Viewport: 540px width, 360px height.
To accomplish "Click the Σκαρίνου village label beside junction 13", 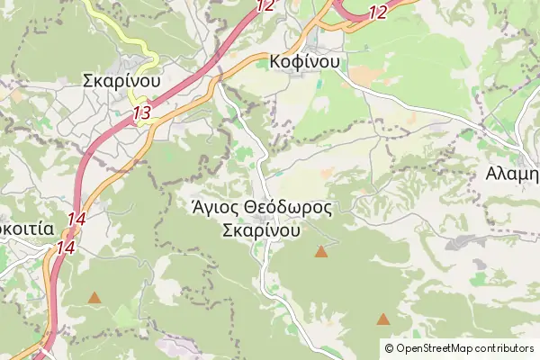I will (x=121, y=80).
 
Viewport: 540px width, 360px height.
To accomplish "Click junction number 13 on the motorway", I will (x=140, y=113).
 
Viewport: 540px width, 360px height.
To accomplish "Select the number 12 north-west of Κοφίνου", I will (x=265, y=5).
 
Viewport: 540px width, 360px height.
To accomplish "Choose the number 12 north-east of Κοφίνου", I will (x=377, y=12).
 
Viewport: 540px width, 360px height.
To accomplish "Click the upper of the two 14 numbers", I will (x=76, y=219).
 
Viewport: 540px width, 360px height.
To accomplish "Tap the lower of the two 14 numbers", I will (x=65, y=246).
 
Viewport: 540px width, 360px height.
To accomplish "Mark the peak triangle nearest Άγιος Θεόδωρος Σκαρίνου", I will (x=321, y=252).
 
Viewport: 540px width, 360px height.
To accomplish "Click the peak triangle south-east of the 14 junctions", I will (x=94, y=297).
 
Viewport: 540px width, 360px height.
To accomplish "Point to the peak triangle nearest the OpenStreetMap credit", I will (x=383, y=319).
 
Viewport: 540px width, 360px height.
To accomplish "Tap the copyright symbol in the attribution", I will (x=389, y=348).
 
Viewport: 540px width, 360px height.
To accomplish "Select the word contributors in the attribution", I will (x=504, y=348).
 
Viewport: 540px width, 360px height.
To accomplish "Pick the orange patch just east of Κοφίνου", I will (x=364, y=70).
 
